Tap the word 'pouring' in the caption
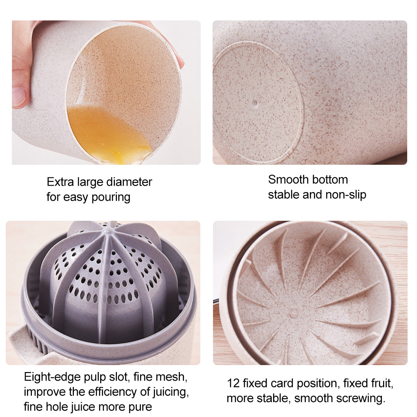pyautogui.click(x=111, y=197)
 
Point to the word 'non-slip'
pyautogui.click(x=345, y=195)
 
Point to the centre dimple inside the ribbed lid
pyautogui.click(x=294, y=314)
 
